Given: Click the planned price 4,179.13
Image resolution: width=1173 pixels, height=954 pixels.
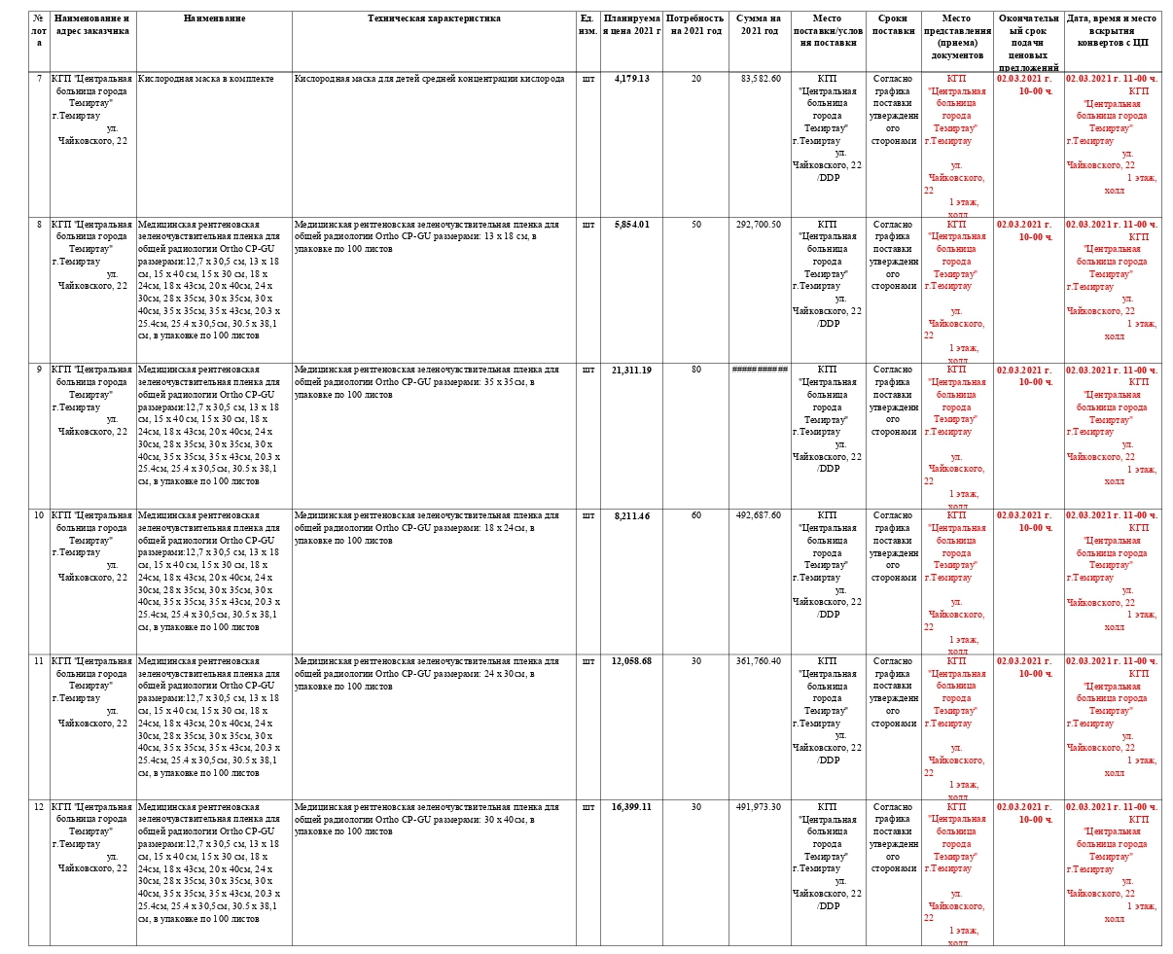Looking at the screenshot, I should click(631, 79).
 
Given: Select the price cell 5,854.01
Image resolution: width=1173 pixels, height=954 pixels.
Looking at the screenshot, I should click(631, 225).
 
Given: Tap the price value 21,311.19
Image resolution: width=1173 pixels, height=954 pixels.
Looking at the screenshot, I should click(631, 371).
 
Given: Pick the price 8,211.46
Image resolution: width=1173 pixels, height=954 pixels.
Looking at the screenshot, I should click(631, 516).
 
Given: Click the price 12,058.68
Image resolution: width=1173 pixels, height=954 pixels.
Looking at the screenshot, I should click(631, 661).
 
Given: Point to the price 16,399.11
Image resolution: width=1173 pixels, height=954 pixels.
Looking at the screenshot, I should click(631, 807).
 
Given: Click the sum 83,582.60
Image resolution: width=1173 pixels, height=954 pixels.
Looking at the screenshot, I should click(760, 79).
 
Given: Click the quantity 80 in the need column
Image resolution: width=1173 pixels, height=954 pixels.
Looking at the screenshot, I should click(695, 371).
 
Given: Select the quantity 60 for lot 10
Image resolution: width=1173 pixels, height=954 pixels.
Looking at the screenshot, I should click(695, 516).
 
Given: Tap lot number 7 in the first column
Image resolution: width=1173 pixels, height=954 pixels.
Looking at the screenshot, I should click(39, 79).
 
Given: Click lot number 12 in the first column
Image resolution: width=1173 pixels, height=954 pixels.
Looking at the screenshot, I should click(39, 807).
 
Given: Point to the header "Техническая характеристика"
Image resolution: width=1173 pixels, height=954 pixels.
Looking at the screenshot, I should click(434, 18).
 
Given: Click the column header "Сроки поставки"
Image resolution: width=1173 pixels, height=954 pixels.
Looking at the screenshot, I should click(893, 24).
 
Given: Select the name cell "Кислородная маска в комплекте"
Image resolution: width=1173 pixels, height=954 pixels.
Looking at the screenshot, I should click(205, 79).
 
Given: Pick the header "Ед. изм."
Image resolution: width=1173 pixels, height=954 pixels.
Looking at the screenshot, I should click(587, 24).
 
